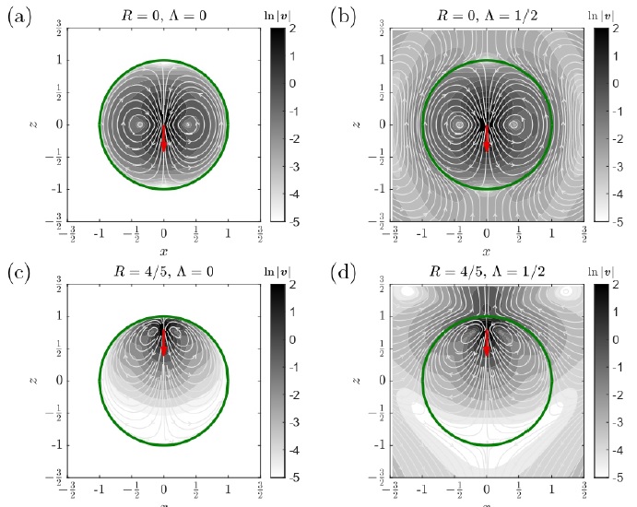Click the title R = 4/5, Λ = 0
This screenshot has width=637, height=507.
click(x=164, y=273)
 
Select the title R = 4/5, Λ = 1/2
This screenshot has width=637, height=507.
click(x=487, y=273)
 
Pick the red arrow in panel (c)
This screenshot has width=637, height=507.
click(x=164, y=341)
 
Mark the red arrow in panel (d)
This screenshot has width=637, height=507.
click(x=487, y=341)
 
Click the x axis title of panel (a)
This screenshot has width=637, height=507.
click(x=164, y=251)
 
